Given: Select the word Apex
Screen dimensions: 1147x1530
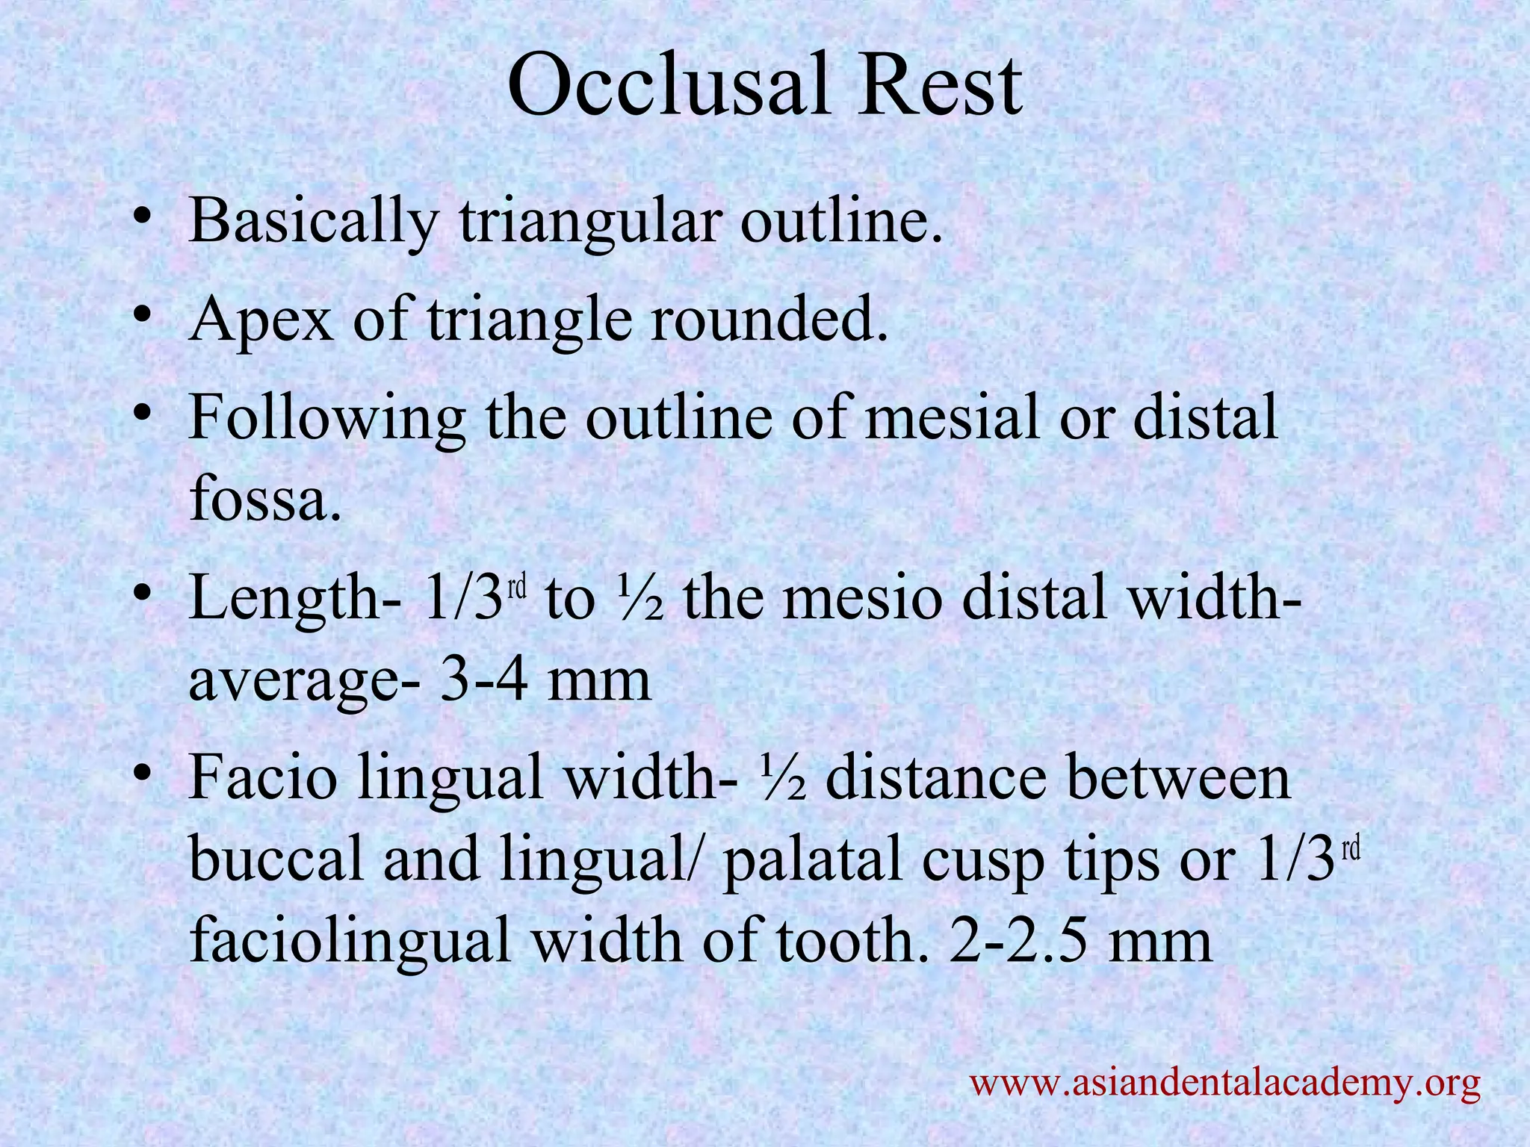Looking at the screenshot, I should pos(261,319).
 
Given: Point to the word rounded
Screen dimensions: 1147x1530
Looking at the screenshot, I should pos(769,319).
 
